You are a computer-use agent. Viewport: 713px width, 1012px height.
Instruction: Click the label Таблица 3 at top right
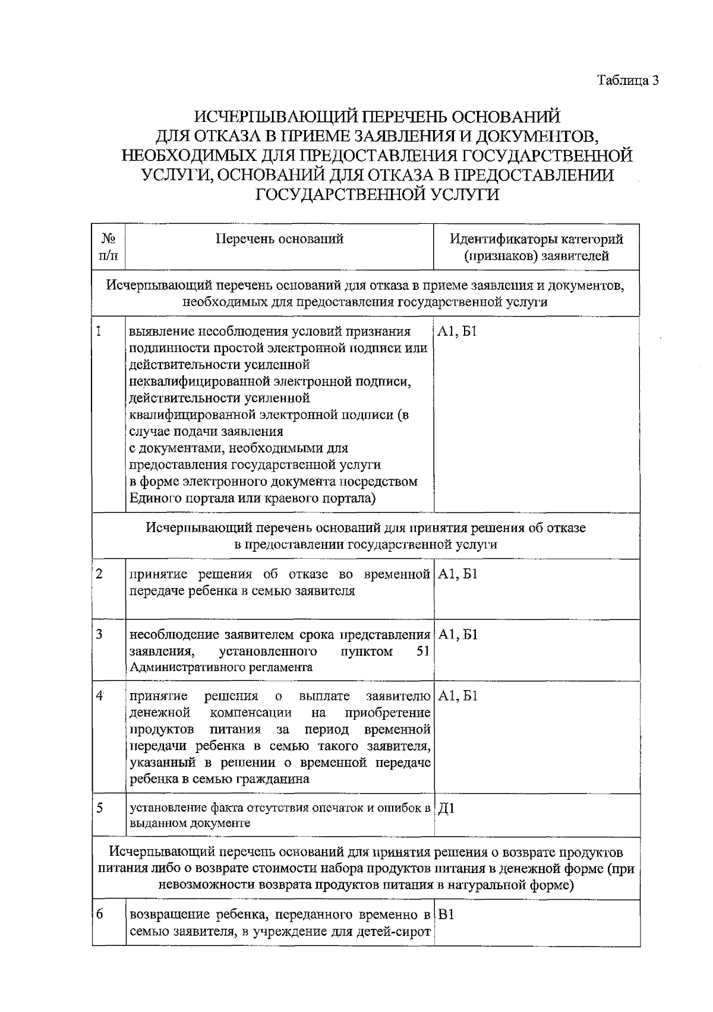(628, 80)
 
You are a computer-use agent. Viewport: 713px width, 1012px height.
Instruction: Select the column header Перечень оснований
(279, 239)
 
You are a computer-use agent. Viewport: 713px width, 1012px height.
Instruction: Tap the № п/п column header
(108, 247)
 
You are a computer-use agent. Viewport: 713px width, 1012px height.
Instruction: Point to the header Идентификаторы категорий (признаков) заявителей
(536, 247)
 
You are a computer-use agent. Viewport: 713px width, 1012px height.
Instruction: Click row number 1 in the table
(99, 331)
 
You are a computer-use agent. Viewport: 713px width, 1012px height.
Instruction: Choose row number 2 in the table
(99, 574)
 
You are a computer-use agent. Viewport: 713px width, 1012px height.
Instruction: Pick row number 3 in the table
(99, 634)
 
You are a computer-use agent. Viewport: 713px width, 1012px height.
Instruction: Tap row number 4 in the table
(99, 695)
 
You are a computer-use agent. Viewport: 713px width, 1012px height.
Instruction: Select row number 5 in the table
(99, 808)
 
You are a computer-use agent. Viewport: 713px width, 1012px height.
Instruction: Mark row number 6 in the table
(99, 914)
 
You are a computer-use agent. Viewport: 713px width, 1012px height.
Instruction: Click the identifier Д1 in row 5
(446, 808)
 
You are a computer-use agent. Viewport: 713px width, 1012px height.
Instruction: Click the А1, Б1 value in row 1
(458, 332)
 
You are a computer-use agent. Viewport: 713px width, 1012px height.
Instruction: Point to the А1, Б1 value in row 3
(458, 635)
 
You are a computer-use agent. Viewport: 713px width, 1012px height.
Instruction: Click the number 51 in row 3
(423, 652)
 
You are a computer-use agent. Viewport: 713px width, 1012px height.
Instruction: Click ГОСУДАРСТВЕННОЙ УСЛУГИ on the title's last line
(377, 194)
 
